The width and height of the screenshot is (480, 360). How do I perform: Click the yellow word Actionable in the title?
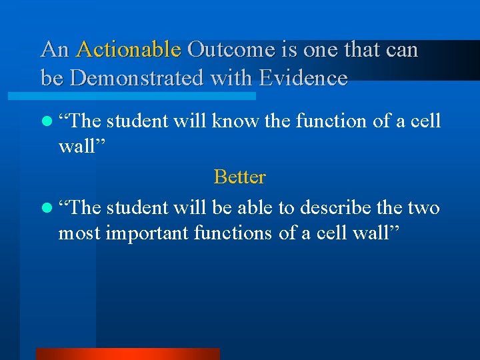pyautogui.click(x=128, y=50)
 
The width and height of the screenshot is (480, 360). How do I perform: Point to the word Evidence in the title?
pyautogui.click(x=303, y=79)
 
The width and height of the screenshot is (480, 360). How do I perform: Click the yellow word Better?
pyautogui.click(x=239, y=177)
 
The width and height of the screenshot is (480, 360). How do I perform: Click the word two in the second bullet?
pyautogui.click(x=422, y=208)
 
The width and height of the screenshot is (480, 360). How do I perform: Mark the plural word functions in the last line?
pyautogui.click(x=239, y=233)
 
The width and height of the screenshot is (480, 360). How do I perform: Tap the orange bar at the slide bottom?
pyautogui.click(x=127, y=353)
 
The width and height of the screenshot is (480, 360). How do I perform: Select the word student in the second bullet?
pyautogui.click(x=137, y=208)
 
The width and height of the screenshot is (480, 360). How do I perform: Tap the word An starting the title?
pyautogui.click(x=55, y=50)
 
